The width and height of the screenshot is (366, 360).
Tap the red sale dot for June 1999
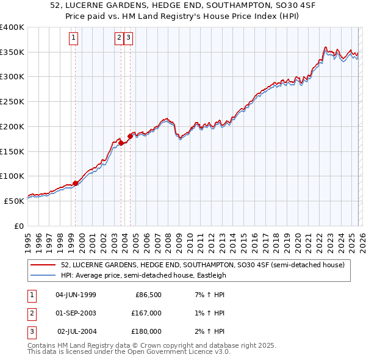click(75, 183)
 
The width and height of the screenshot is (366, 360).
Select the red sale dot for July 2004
click(130, 136)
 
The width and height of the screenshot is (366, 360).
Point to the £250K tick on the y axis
click(12, 102)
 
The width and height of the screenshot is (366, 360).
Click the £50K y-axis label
click(14, 201)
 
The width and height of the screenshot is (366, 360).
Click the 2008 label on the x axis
click(167, 240)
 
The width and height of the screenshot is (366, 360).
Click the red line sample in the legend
click(43, 265)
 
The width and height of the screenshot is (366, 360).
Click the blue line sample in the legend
click(43, 275)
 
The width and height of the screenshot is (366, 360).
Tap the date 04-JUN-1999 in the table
click(76, 295)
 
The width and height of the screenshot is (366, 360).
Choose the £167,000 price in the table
click(147, 313)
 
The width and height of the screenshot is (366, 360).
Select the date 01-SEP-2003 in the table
click(76, 313)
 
